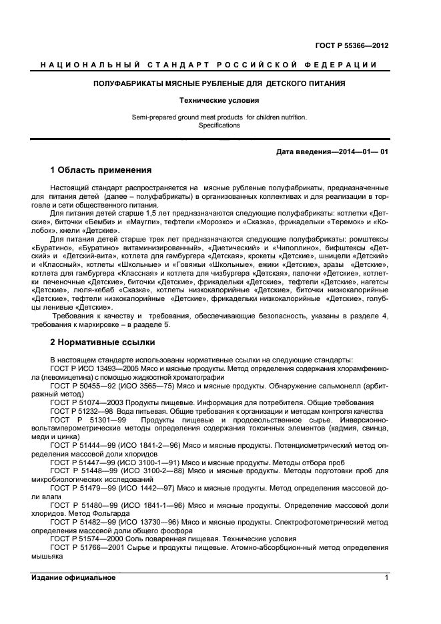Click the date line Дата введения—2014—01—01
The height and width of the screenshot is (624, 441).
[x=332, y=152]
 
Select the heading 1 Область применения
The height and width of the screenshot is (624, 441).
[x=101, y=170]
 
